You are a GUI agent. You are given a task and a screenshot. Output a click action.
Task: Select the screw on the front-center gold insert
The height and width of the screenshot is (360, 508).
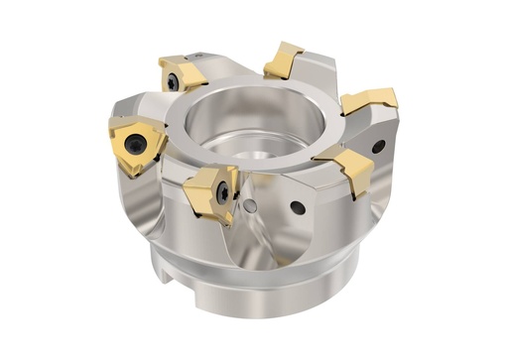click(x=224, y=191)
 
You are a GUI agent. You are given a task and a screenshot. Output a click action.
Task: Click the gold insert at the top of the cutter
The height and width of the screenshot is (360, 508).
click(x=284, y=60)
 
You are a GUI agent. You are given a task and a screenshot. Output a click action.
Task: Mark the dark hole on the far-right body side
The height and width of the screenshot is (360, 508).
click(x=378, y=147)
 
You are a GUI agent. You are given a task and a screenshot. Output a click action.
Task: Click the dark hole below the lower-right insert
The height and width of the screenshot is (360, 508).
click(x=298, y=208)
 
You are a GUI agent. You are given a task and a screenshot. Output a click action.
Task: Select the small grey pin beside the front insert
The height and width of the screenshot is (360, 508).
click(x=251, y=206)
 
